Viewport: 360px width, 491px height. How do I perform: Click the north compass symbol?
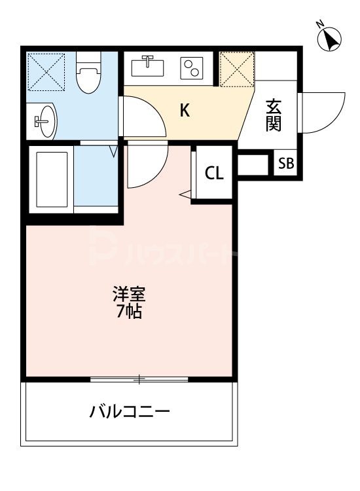[329, 39]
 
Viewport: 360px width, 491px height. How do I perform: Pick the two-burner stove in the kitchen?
[192, 67]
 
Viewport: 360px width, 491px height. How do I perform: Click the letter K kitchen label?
[185, 111]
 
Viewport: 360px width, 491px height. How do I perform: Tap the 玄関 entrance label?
[274, 115]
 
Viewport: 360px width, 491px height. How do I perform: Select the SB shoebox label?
[286, 164]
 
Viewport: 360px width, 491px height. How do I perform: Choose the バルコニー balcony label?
[130, 412]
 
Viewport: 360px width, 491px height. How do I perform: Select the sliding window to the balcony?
[139, 379]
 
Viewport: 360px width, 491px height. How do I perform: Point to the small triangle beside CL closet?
[186, 194]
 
